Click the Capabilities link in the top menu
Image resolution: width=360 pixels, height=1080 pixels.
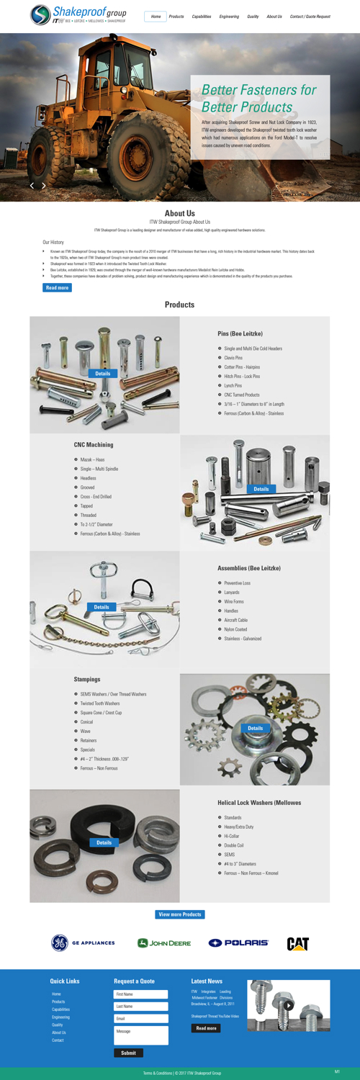coord(202,17)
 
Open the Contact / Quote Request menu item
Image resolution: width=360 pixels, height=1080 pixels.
coord(310,17)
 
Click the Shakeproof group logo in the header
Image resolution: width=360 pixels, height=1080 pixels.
coord(78,14)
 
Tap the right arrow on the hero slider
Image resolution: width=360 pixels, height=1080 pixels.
coord(44,186)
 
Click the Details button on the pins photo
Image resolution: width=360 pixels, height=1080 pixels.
coord(103,374)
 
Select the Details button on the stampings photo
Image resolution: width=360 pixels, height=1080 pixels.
coord(256,728)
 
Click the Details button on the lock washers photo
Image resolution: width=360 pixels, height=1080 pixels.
coord(104,842)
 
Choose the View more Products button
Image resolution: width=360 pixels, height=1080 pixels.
coord(180,914)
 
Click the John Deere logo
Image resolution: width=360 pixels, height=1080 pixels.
coord(164,943)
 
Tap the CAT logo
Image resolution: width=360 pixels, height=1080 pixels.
coord(298,944)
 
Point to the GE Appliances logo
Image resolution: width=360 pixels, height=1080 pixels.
coord(83,943)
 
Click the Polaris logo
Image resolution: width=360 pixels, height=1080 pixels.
coord(238,943)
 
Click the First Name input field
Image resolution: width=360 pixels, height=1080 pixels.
coord(141,994)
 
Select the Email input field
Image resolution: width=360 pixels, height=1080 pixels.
coord(141,1019)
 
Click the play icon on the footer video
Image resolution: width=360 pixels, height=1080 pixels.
coord(288,1006)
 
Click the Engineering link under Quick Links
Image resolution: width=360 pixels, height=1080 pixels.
coord(60,1017)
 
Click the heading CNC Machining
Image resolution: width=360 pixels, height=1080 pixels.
coord(94,445)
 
